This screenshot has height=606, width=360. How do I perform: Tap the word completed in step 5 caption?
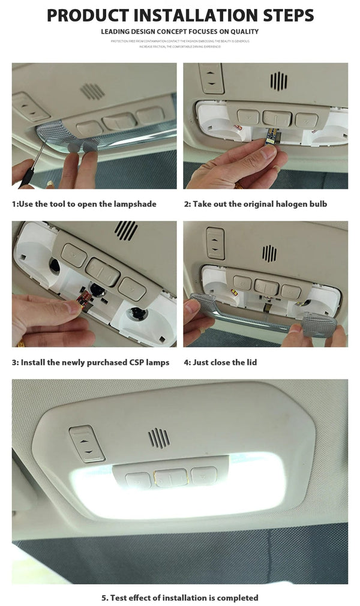pos(236,598)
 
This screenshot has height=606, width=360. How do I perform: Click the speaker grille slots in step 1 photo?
pos(92,91)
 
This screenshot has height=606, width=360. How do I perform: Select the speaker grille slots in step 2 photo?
pos(278,81)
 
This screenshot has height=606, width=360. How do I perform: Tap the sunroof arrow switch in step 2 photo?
pos(211,78)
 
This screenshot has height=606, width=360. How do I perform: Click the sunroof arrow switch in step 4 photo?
pos(215,242)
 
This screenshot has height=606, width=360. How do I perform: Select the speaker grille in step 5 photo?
pos(159,437)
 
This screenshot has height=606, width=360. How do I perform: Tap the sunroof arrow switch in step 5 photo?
pos(87,443)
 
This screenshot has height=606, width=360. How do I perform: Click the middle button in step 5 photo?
pos(170,478)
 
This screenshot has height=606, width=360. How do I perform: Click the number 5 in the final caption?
pos(104,598)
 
